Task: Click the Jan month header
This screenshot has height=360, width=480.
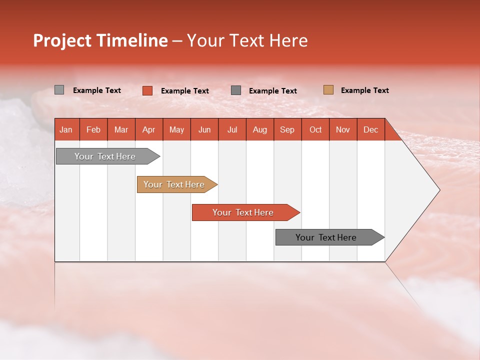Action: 66,129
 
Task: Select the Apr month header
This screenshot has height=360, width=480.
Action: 148,129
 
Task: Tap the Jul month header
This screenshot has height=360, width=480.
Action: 232,129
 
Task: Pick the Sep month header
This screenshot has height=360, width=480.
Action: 287,129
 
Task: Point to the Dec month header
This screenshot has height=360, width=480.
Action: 370,129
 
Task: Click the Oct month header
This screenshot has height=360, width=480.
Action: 315,129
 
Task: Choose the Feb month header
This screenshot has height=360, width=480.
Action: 93,129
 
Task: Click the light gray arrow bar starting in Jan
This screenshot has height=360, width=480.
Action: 105,156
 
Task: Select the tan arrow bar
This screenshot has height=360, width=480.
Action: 174,184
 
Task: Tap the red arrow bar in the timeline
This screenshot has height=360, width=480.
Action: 243,212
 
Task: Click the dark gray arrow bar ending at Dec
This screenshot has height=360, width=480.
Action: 326,237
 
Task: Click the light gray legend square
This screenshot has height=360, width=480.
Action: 59,90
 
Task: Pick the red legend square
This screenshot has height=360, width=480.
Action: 147,90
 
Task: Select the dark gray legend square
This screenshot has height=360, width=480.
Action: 236,90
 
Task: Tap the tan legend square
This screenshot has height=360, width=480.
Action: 328,90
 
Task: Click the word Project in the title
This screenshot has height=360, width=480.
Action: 62,40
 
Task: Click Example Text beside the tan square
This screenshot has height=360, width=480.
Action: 364,90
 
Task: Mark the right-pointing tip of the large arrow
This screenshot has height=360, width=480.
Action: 438,189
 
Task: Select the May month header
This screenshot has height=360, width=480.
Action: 176,129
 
